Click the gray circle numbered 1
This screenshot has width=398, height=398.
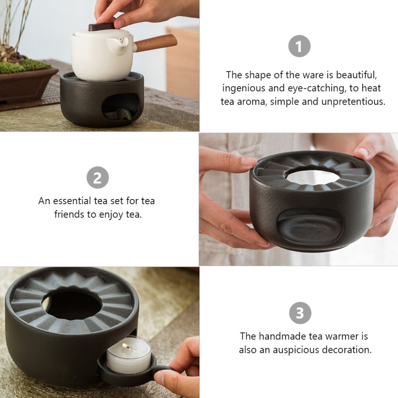pos(299,46)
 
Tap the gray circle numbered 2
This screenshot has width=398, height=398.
pos(98,178)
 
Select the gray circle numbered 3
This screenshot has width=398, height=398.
pos(300,313)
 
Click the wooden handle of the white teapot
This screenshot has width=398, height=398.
pos(157,42)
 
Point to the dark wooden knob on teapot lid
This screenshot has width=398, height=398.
pos(101,27)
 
